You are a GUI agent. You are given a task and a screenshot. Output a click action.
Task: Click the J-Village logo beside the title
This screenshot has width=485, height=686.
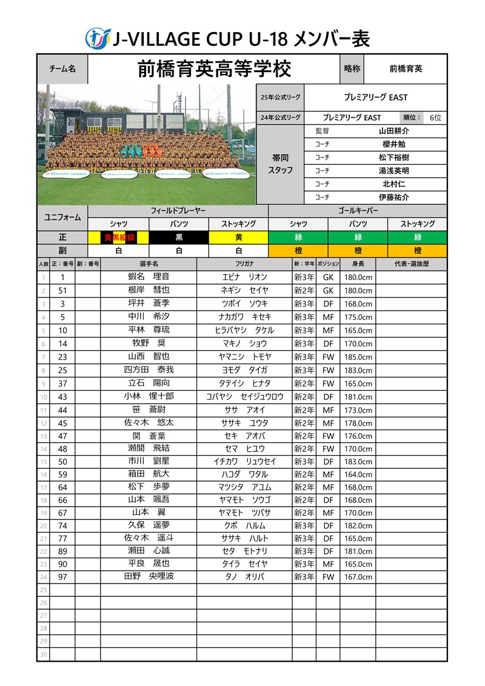(x=97, y=38)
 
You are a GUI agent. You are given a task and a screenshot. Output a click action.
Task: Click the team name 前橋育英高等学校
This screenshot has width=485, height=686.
(x=214, y=68)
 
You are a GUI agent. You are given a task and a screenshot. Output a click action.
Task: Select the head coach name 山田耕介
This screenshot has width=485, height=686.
(x=393, y=131)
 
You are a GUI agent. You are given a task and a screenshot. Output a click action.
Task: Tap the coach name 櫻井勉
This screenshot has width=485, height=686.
(x=393, y=144)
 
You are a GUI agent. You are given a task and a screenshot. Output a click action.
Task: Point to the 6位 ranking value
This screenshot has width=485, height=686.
(x=435, y=118)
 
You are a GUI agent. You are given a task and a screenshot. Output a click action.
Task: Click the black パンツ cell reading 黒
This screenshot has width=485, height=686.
(x=179, y=238)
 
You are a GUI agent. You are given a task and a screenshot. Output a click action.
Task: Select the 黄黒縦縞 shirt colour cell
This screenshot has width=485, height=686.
(x=119, y=238)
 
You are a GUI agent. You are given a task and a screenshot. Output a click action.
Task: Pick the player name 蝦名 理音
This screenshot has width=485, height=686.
(x=148, y=277)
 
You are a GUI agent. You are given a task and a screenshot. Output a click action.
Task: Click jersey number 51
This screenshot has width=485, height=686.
(x=62, y=290)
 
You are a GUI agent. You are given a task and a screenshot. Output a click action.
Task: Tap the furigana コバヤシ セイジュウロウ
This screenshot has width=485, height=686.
(x=244, y=397)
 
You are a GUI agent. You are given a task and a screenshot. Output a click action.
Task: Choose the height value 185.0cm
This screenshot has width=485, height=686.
(x=358, y=357)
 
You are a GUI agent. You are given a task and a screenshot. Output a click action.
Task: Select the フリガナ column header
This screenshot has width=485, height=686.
(x=244, y=264)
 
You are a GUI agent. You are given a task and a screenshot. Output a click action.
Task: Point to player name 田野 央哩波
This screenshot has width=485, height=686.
(x=148, y=576)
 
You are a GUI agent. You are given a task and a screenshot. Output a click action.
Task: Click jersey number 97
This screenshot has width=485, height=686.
(x=62, y=577)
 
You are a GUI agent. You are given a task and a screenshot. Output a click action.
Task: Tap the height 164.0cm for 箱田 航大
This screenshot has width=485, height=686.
(x=358, y=475)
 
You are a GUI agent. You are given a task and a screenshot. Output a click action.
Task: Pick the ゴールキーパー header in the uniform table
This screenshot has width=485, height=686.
(x=358, y=211)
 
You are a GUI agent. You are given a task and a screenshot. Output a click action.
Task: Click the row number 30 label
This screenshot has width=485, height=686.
(x=43, y=654)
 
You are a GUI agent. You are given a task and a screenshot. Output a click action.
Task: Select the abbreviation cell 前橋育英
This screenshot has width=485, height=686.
(x=406, y=69)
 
